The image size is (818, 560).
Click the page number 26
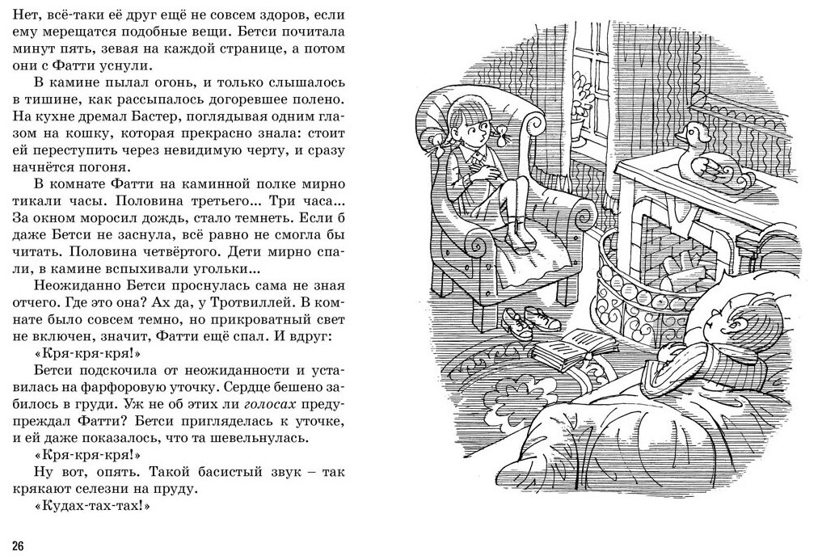17,541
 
